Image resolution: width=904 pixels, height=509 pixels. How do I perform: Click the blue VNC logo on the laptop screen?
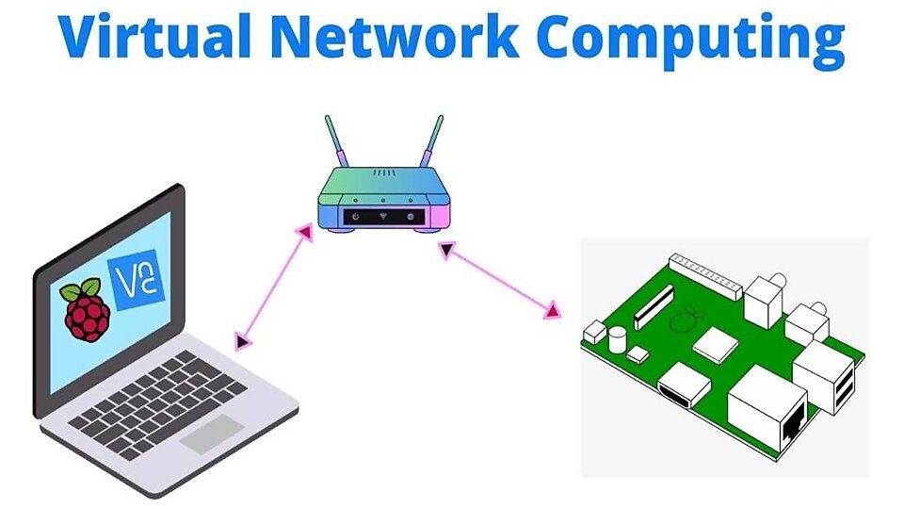point(137,279)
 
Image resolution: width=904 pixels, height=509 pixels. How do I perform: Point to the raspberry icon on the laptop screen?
point(85,310)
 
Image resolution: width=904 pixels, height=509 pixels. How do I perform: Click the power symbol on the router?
point(355,217)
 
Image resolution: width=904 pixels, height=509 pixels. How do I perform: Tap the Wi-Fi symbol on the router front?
point(383,217)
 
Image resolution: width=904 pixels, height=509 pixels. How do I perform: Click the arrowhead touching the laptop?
point(242,340)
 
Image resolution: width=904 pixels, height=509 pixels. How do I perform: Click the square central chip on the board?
point(713,344)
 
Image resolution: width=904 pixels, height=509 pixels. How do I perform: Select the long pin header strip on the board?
point(707,269)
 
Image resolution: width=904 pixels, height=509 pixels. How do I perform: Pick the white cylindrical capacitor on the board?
point(618,338)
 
